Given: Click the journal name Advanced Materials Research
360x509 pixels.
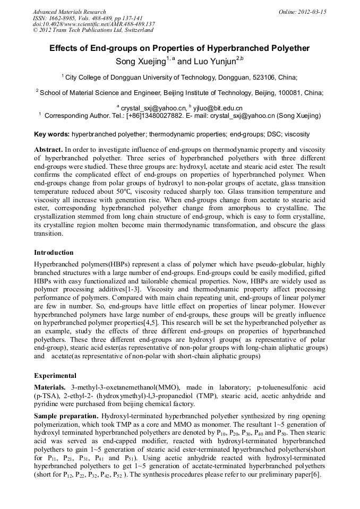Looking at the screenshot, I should click(x=69, y=12).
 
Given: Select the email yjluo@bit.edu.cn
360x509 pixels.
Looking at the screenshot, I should click(x=217, y=108).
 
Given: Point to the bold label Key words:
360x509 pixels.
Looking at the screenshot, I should click(x=52, y=134).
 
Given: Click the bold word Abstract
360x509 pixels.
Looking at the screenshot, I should click(x=48, y=150).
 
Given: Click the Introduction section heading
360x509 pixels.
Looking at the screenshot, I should click(x=54, y=252).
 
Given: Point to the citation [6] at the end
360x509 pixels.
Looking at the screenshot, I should click(x=315, y=474).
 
